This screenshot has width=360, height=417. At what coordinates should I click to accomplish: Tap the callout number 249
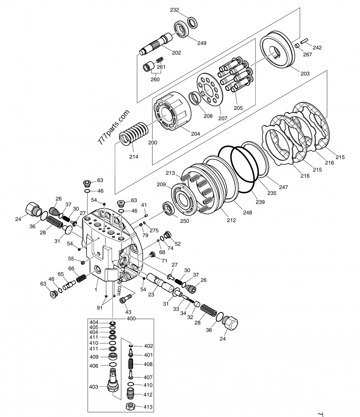[202, 43]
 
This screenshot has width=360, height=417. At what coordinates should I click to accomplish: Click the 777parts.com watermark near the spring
[113, 127]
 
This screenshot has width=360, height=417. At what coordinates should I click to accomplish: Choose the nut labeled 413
[130, 407]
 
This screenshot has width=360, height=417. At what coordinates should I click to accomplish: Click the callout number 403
[94, 386]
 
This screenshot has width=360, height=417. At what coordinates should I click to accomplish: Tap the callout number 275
[154, 230]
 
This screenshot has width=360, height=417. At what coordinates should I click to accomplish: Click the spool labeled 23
[160, 284]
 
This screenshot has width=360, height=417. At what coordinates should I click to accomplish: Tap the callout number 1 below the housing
[95, 291]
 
